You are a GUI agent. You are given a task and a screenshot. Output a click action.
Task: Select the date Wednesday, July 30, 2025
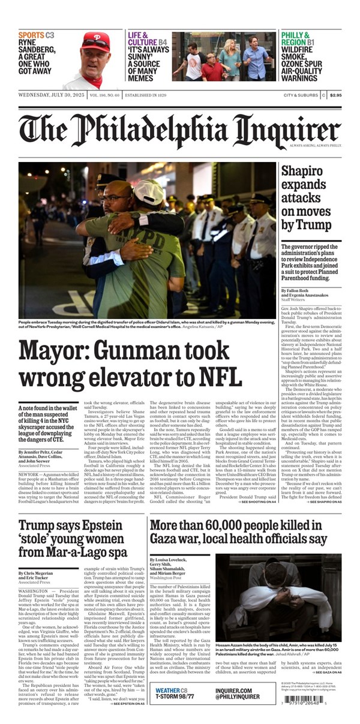51,95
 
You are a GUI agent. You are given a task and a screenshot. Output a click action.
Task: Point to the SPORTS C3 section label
36,35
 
